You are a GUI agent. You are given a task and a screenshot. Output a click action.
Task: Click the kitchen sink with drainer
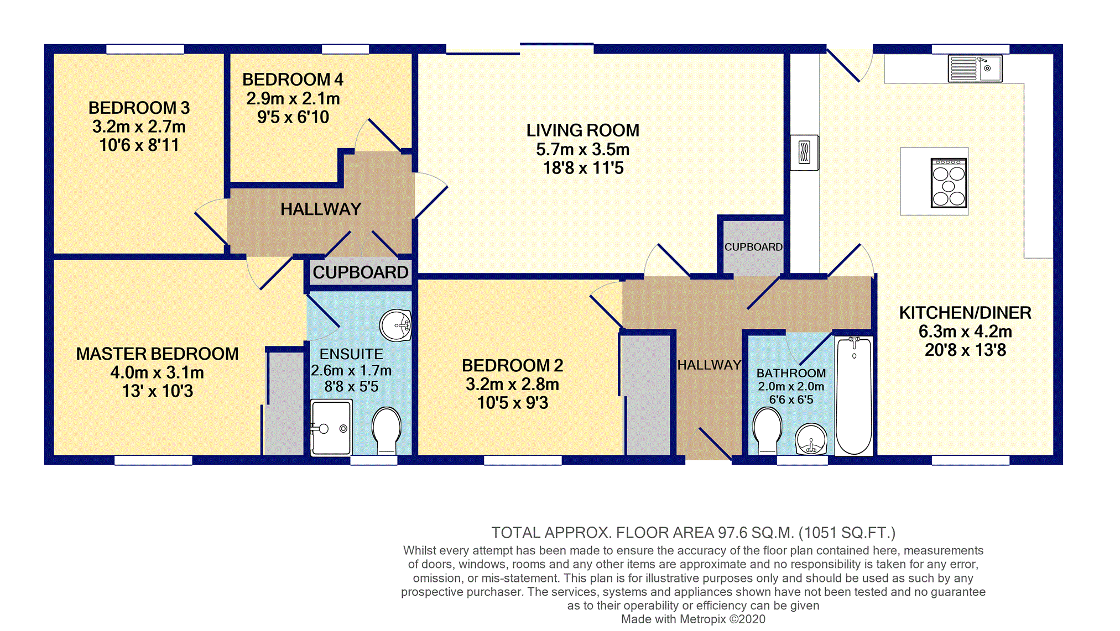975,69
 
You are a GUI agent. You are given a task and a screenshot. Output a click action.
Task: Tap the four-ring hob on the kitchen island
949,183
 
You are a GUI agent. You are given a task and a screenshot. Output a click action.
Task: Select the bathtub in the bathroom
854,396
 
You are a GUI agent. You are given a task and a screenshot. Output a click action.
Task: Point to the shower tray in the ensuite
331,428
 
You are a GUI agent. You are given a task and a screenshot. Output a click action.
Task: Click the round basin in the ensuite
395,325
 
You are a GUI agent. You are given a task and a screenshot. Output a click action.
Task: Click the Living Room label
582,130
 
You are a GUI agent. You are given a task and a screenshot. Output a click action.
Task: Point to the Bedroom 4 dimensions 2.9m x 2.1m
293,98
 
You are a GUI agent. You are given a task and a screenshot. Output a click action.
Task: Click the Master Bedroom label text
158,354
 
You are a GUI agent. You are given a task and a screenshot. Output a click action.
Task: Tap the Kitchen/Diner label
965,313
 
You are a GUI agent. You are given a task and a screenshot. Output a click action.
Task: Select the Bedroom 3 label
139,107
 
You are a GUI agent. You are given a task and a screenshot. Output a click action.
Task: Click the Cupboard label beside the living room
753,247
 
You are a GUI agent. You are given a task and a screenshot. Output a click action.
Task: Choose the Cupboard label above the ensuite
361,272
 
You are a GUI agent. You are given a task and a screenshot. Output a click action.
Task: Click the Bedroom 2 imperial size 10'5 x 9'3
513,403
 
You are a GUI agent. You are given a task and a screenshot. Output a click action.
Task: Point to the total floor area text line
693,533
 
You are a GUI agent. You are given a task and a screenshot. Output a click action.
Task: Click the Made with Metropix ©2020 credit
693,619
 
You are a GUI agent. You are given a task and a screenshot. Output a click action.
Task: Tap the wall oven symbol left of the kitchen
805,153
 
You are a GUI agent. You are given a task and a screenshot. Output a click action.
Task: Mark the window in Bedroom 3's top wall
145,49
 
